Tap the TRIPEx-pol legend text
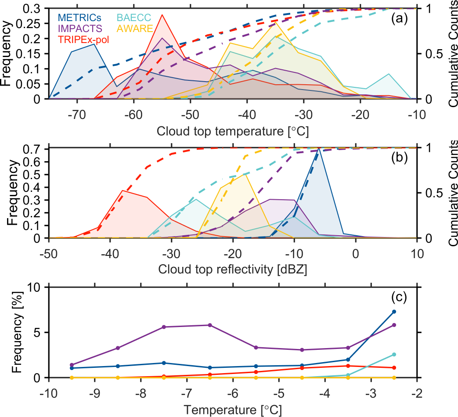(x=84, y=40)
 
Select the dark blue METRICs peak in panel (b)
(x=318, y=149)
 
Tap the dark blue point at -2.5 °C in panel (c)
(x=394, y=312)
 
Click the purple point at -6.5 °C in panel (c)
(x=210, y=325)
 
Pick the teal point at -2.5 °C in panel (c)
(x=394, y=354)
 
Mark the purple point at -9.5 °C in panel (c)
(x=72, y=365)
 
